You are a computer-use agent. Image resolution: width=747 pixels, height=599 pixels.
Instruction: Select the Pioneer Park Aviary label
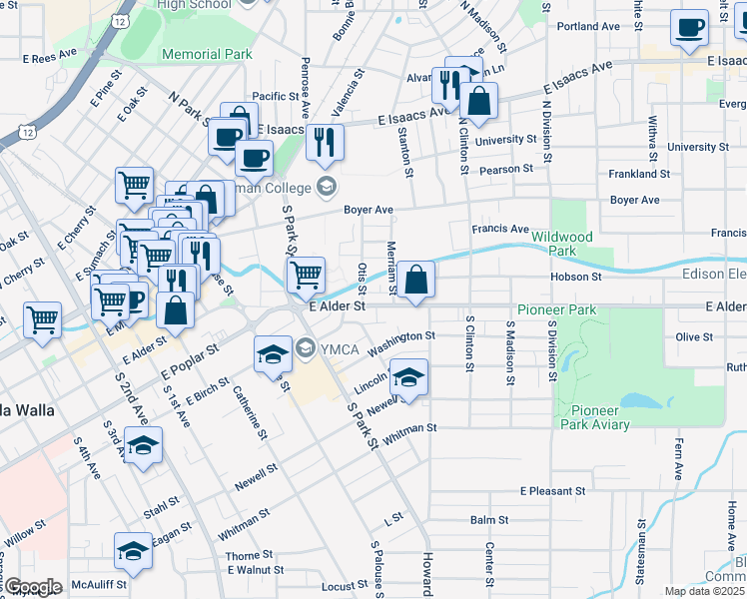pyautogui.click(x=600, y=417)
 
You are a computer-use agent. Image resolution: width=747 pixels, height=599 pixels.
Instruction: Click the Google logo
pyautogui.click(x=32, y=587)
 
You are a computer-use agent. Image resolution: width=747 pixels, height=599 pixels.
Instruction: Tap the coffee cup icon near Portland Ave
pyautogui.click(x=689, y=28)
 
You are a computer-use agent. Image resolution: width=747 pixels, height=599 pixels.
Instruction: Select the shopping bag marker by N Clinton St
pyautogui.click(x=478, y=101)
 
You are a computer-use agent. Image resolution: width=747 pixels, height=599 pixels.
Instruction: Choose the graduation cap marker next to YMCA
pyautogui.click(x=273, y=355)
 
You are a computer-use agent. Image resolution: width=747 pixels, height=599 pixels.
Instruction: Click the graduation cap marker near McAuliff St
pyautogui.click(x=134, y=550)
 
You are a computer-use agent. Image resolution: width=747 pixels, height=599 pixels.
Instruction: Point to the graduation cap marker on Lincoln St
pyautogui.click(x=408, y=377)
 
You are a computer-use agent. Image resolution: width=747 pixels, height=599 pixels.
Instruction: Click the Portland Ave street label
pyautogui.click(x=589, y=26)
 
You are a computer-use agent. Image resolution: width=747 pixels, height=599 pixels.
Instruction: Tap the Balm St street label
pyautogui.click(x=489, y=520)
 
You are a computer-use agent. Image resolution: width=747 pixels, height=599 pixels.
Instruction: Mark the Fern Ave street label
pyautogui.click(x=677, y=457)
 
